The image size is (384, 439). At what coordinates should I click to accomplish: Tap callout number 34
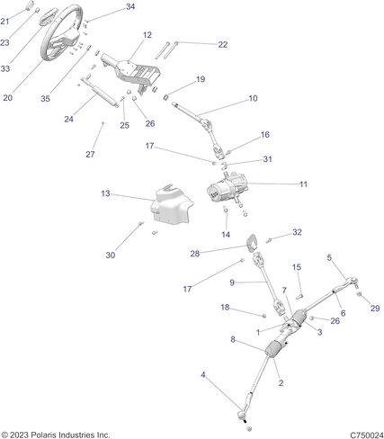[130, 6]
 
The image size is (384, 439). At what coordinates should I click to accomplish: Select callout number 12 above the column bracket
[147, 35]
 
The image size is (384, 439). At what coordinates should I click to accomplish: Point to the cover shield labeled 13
[172, 205]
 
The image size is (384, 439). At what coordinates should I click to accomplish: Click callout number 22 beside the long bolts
[223, 44]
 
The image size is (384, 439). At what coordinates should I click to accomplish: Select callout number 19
[201, 79]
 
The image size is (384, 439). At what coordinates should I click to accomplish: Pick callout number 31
[267, 159]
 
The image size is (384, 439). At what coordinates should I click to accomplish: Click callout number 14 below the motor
[226, 235]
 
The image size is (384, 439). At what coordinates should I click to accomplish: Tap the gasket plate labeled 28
[252, 242]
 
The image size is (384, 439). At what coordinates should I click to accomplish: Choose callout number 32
[297, 232]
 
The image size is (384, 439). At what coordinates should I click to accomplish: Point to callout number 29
[375, 308]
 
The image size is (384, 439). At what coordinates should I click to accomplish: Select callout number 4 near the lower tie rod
[203, 374]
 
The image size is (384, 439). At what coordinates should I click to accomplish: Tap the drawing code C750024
[367, 435]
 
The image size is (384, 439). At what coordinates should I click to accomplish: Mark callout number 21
[4, 22]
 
